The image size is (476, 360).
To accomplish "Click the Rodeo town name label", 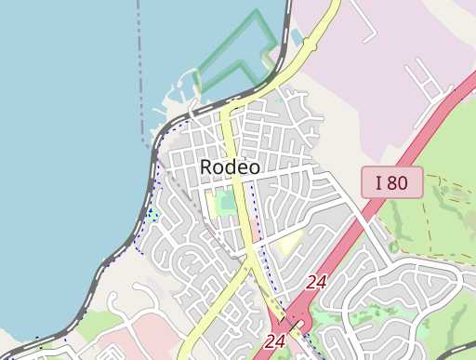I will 230,167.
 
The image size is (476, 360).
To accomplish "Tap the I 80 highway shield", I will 391,183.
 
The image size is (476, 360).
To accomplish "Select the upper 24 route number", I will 316,281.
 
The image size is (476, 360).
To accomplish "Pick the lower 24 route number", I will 274,341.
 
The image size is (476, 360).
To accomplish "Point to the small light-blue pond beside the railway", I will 297,37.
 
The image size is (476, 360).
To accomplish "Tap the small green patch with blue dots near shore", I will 152,215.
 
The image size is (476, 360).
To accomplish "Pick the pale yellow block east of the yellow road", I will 290,244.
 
